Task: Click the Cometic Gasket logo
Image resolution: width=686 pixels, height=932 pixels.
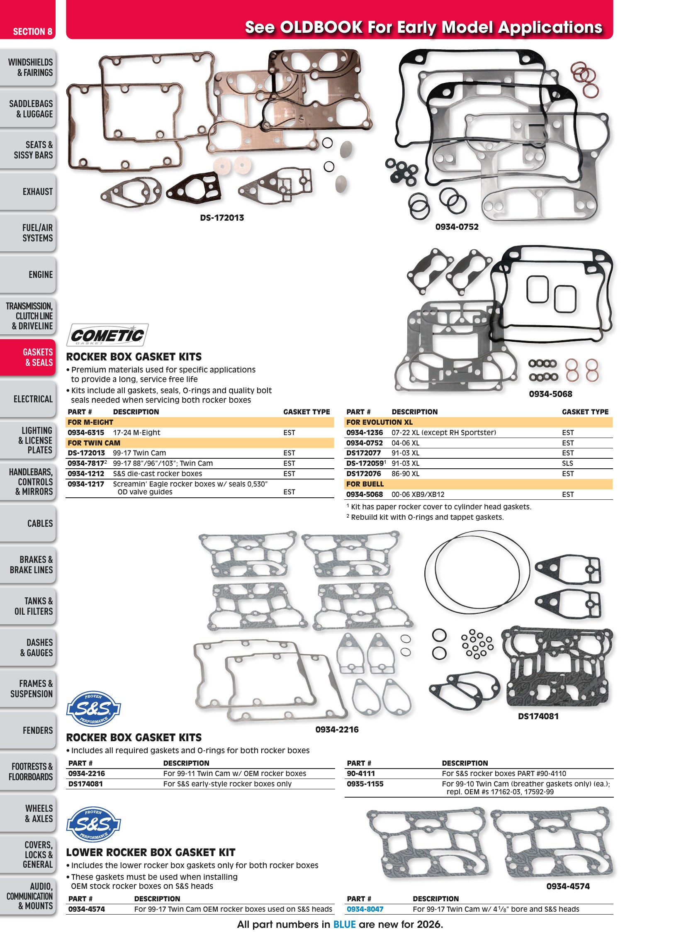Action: click(x=107, y=335)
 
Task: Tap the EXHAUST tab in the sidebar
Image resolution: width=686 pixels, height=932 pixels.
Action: click(x=27, y=192)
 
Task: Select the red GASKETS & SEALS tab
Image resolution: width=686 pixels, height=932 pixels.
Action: click(x=27, y=358)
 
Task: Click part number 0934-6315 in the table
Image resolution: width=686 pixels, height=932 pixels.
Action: click(x=86, y=432)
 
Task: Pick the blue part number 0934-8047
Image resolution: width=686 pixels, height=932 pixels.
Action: click(x=365, y=909)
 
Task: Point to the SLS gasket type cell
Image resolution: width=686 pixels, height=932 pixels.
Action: click(x=567, y=463)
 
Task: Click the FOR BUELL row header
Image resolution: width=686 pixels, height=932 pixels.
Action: click(x=365, y=484)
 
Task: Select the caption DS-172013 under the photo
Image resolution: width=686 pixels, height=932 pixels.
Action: click(x=222, y=218)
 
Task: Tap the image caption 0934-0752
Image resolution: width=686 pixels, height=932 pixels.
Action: click(x=457, y=227)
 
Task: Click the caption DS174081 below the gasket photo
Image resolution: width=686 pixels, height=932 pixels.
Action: click(x=538, y=716)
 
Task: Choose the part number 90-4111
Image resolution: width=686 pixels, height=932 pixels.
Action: click(x=361, y=773)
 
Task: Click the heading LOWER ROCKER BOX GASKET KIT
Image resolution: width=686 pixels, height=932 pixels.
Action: click(x=151, y=852)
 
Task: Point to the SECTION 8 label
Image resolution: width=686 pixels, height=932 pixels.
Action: click(x=32, y=32)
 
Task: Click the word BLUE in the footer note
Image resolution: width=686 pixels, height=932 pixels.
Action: click(x=344, y=924)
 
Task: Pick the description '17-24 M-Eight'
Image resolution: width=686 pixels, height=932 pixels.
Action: click(x=136, y=432)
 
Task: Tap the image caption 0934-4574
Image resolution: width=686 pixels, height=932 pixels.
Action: click(x=568, y=886)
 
